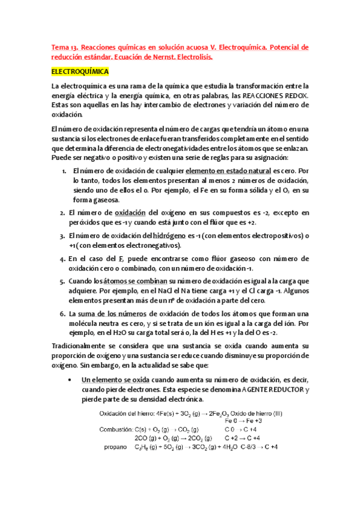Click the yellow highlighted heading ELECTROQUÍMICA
click(x=80, y=72)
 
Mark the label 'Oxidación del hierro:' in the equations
click(x=127, y=413)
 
